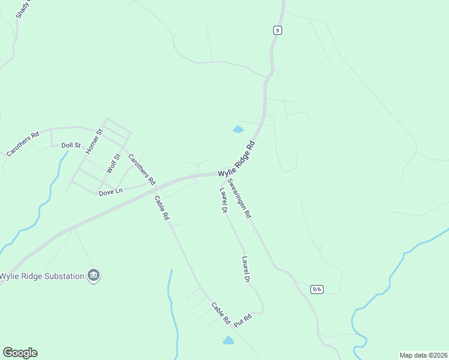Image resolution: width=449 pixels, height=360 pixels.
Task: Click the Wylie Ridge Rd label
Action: coord(237,159)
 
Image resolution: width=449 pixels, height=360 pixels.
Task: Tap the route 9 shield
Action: coord(277,29)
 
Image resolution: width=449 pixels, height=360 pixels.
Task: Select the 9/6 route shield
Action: coord(317,289)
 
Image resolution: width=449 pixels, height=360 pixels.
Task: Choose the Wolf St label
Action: coord(113,163)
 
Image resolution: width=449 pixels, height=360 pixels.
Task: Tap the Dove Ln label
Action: coord(110,191)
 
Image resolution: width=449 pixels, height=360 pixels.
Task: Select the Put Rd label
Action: coord(242,319)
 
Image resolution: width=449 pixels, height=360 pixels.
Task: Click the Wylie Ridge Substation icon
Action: coord(94,275)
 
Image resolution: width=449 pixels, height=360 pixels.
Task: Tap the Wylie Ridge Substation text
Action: coord(41,276)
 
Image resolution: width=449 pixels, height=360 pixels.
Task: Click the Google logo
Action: coord(20,353)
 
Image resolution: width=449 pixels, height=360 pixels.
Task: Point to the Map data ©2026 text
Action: coord(423,355)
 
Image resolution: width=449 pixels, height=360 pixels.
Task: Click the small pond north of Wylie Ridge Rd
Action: coord(238,129)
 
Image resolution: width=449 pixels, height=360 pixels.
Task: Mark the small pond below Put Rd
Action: coord(228,340)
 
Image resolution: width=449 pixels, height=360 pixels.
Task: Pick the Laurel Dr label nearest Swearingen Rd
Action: coord(223,200)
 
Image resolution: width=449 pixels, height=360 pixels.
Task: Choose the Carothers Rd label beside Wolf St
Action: coord(142,170)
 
